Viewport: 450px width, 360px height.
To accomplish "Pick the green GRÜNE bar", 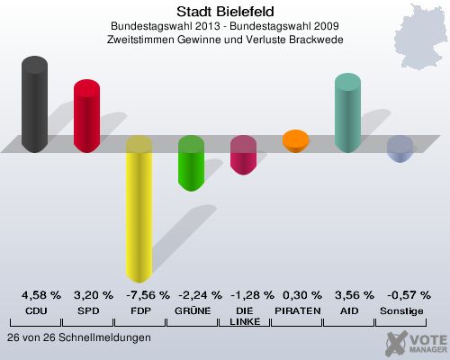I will point(191,164).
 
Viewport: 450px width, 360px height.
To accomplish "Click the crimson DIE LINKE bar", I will point(243,155).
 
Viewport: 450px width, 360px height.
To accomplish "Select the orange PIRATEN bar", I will point(295,141).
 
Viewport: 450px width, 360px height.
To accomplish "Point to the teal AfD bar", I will point(347,112).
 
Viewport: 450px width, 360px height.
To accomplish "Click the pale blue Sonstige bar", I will point(400,148).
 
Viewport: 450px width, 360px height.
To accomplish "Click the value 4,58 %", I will point(36,295).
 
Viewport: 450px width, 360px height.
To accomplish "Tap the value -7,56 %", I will point(139,295).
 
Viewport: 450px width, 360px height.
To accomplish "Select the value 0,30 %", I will point(295,295).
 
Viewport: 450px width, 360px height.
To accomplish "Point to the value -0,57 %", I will point(400,295).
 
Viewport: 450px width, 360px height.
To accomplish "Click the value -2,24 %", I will point(192,295).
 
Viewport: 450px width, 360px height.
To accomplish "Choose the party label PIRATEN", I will point(295,310).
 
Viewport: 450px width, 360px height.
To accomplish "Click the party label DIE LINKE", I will point(243,316).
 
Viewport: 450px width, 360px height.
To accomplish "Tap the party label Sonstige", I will point(400,310).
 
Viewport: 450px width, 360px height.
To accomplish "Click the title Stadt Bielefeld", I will point(224,11).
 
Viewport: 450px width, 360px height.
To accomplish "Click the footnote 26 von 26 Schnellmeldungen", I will point(78,337).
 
